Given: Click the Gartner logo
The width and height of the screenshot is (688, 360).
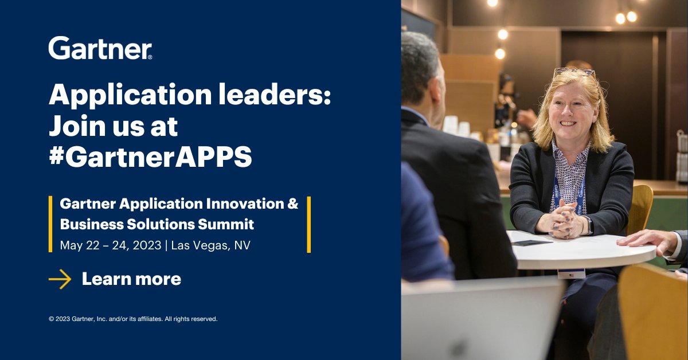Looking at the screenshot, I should (x=100, y=49).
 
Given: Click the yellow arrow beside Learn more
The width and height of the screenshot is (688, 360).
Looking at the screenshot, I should (x=60, y=279).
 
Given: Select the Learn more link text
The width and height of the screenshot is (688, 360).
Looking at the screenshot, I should (x=131, y=279).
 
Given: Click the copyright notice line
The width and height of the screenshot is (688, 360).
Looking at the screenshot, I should (x=133, y=319).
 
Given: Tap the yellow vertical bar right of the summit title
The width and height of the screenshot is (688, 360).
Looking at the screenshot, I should (x=309, y=224).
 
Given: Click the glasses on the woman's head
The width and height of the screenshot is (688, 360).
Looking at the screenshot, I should (x=573, y=72).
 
